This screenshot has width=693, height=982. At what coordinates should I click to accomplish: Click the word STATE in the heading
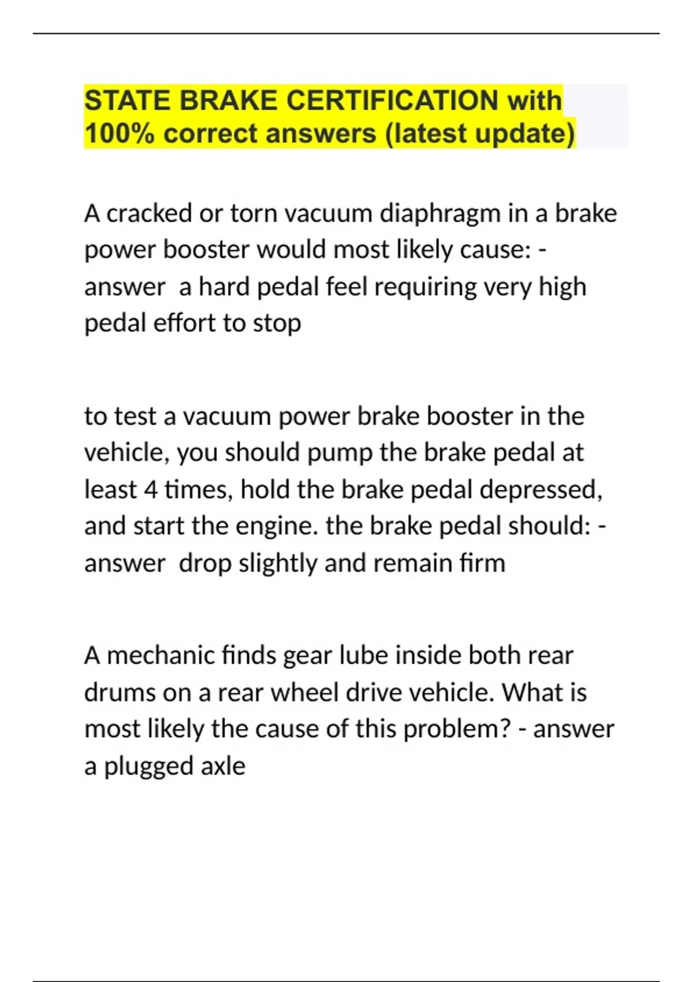(127, 101)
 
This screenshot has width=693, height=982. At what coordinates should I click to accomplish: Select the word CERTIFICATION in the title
(392, 101)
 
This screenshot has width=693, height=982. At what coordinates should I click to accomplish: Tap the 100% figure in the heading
(119, 133)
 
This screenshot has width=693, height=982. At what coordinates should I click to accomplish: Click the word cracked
(150, 214)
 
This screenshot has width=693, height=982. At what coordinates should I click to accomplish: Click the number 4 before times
(151, 490)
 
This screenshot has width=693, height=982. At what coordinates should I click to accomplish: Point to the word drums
(120, 693)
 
